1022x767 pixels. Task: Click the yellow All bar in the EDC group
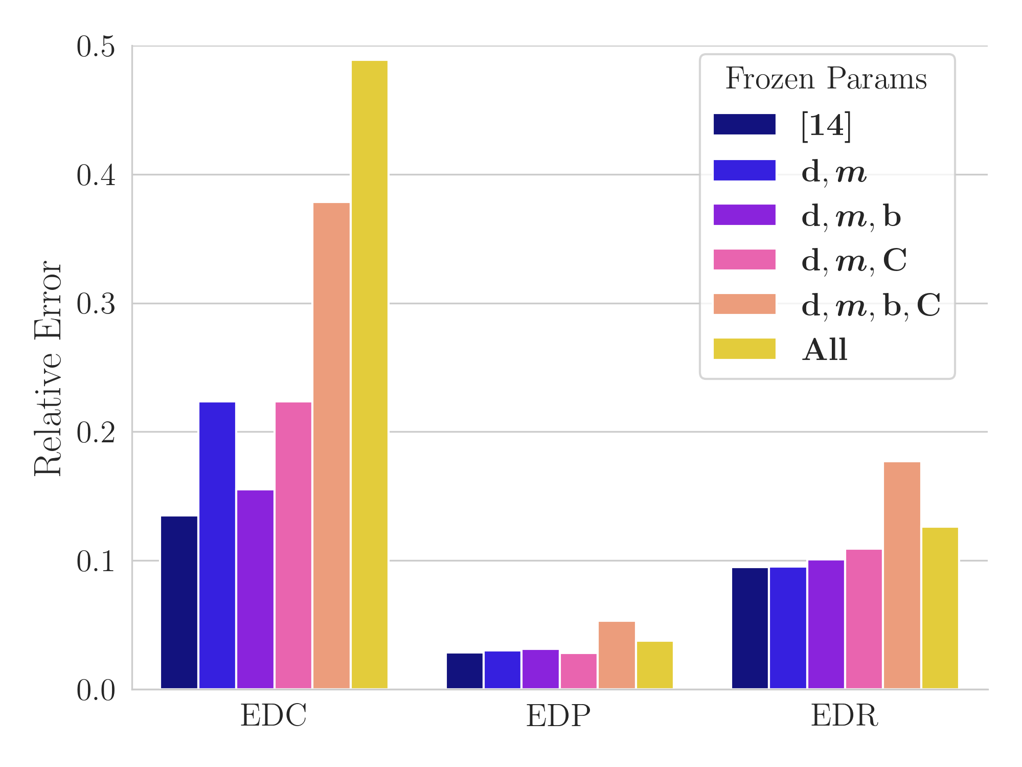tap(369, 374)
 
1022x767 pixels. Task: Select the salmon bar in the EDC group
tap(331, 445)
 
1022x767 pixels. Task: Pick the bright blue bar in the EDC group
tap(217, 545)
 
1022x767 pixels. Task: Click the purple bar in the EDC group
tap(255, 589)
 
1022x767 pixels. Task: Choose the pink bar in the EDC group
tap(293, 545)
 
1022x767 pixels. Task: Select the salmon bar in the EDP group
tap(617, 655)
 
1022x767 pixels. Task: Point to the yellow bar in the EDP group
tap(654, 665)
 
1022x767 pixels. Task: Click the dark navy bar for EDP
tap(464, 671)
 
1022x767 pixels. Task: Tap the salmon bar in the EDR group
tap(902, 575)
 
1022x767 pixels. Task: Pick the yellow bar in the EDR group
tap(940, 608)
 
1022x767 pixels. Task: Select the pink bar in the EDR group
tap(864, 619)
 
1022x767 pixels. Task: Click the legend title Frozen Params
tap(826, 79)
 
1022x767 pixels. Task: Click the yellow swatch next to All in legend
tap(744, 349)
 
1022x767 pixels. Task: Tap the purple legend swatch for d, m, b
tap(744, 215)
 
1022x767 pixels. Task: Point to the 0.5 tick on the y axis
tap(96, 48)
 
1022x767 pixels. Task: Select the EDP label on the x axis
tap(558, 716)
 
